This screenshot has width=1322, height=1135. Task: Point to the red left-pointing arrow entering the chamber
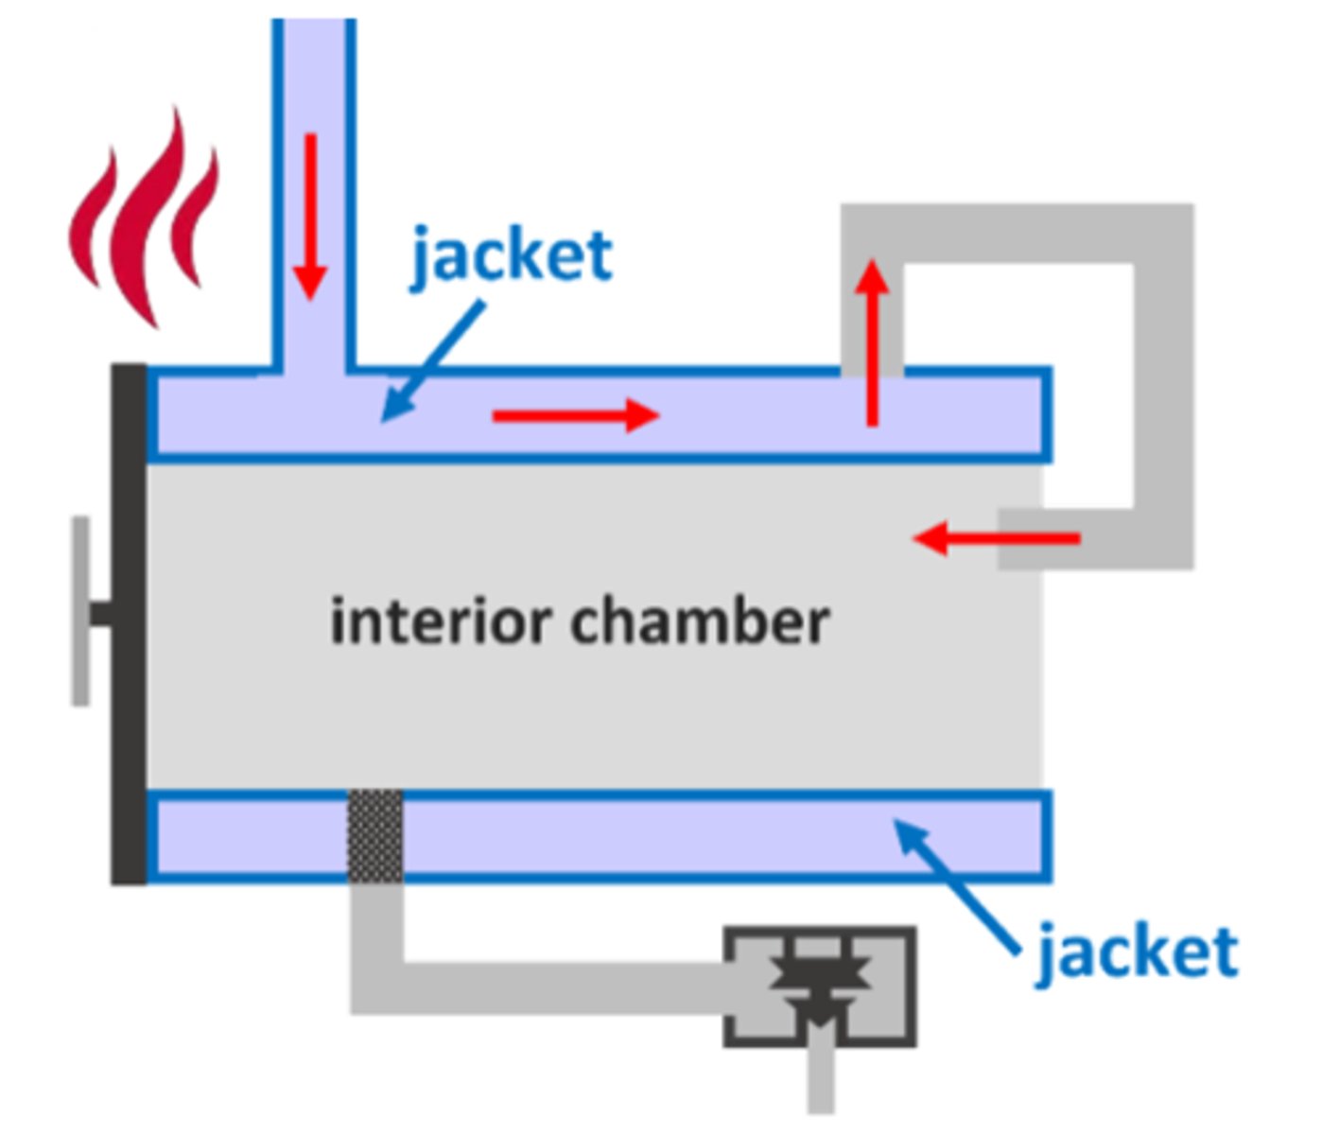pos(998,539)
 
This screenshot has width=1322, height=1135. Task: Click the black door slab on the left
pos(129,624)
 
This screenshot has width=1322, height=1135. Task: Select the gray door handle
pos(82,611)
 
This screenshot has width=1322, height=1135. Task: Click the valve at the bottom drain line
pos(820,987)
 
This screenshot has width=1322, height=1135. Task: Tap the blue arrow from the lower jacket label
pos(955,884)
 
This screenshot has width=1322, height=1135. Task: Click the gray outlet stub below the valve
pos(821,1078)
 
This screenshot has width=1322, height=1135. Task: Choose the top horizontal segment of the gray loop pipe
pos(1017,233)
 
